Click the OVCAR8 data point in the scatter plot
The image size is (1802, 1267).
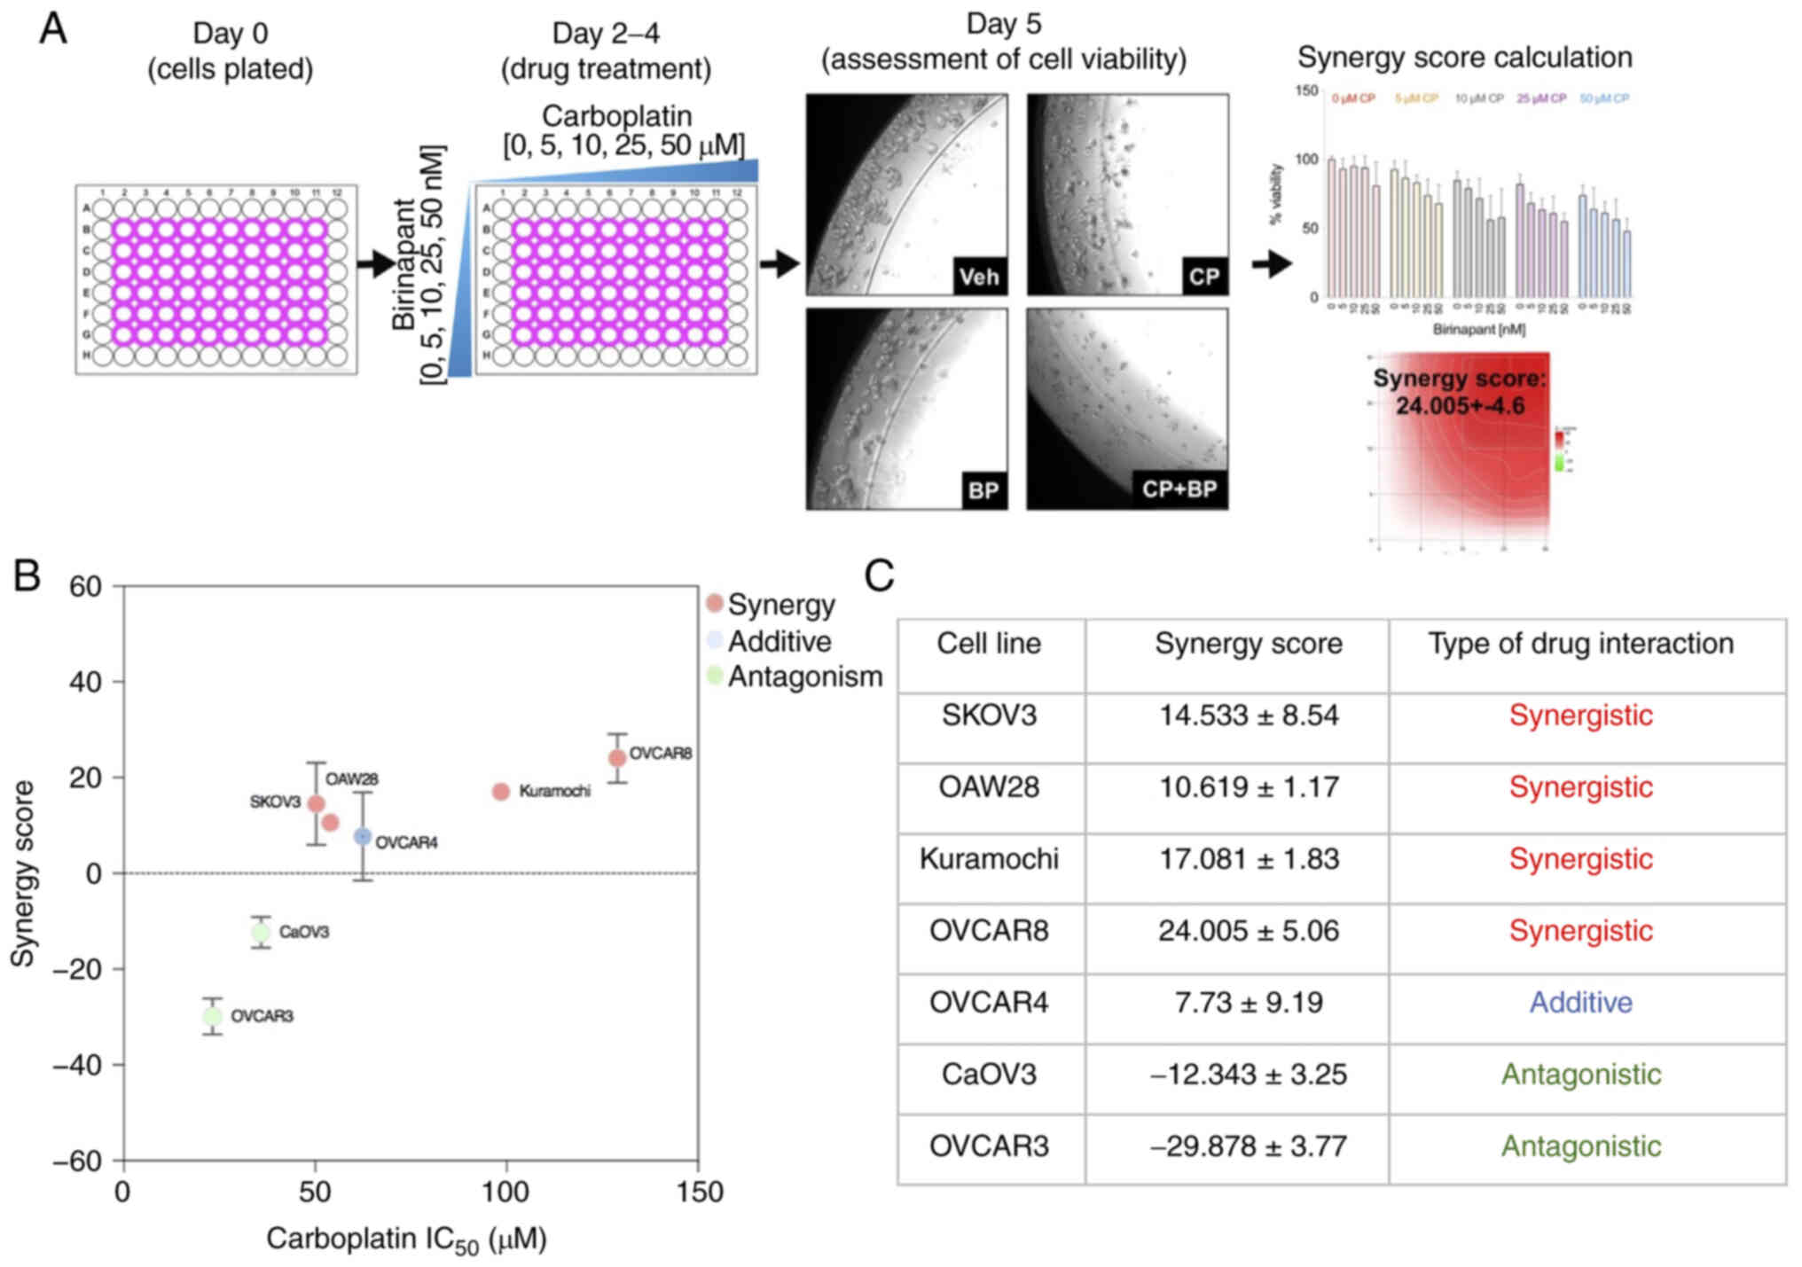pos(617,758)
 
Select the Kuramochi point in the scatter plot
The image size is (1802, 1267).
pos(501,792)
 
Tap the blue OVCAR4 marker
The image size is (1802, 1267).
pos(363,836)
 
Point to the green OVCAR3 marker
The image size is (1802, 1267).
pos(212,1016)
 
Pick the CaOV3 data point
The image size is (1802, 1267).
pos(260,932)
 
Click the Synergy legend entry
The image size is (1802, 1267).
pos(771,605)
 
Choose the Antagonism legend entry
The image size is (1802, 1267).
pos(795,677)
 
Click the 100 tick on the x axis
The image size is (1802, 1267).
pos(505,1193)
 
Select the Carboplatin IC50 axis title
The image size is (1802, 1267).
pos(406,1240)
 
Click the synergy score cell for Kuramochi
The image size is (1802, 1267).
pos(1249,859)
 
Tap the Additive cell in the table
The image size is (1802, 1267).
pos(1580,1003)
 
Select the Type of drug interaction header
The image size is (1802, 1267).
pos(1580,644)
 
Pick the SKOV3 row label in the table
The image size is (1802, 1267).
pos(989,716)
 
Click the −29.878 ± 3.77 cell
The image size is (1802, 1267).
pos(1249,1146)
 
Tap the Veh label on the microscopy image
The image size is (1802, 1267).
pos(979,278)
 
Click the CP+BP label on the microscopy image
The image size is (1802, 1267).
pos(1179,490)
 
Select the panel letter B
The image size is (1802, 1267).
pos(27,575)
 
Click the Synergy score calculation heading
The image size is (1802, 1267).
pos(1464,58)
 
